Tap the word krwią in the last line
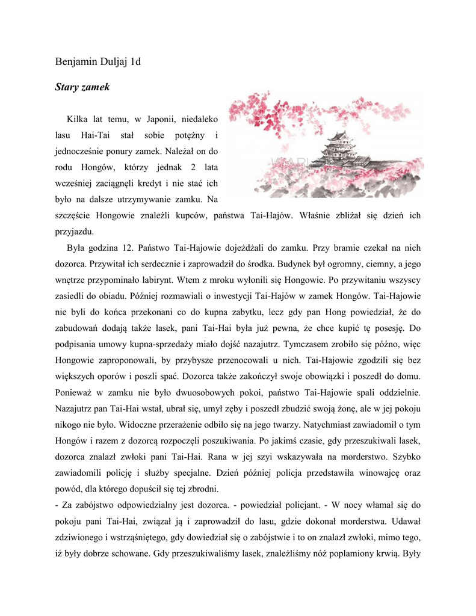[x=383, y=553]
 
